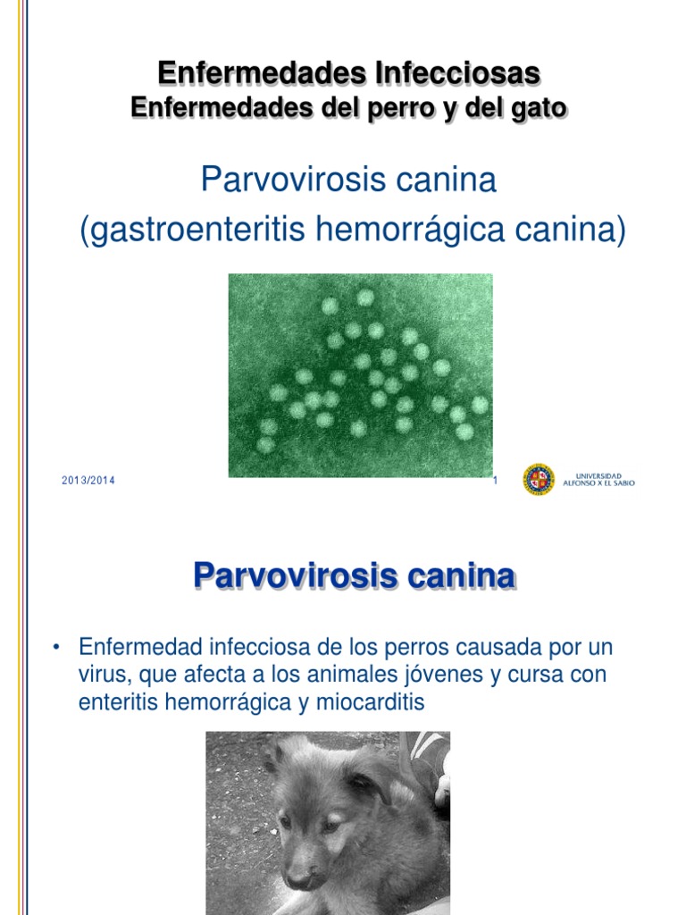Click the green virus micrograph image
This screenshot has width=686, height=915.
(x=360, y=374)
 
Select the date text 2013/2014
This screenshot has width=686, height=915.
(x=88, y=481)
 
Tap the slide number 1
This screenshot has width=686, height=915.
(x=495, y=481)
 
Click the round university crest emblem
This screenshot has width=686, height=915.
(x=539, y=479)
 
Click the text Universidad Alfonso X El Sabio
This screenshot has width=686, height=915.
(x=598, y=480)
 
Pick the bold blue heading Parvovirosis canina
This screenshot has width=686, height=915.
(x=354, y=576)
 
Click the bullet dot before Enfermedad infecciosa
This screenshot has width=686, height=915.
(x=56, y=647)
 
